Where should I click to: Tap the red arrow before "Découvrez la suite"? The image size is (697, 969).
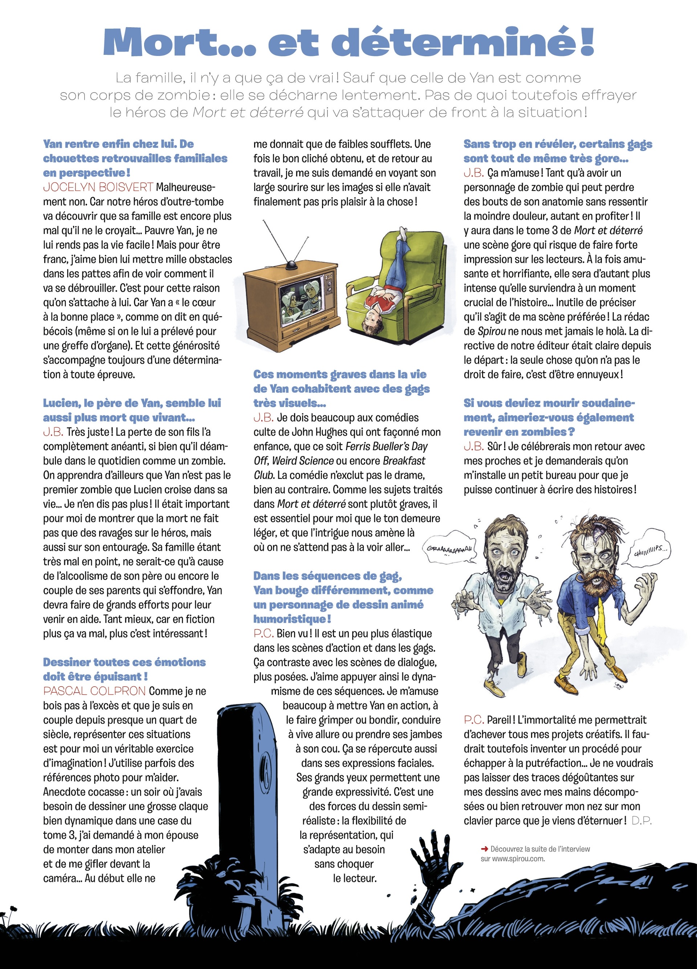(x=484, y=849)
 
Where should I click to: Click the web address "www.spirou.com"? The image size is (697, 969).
(x=518, y=859)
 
